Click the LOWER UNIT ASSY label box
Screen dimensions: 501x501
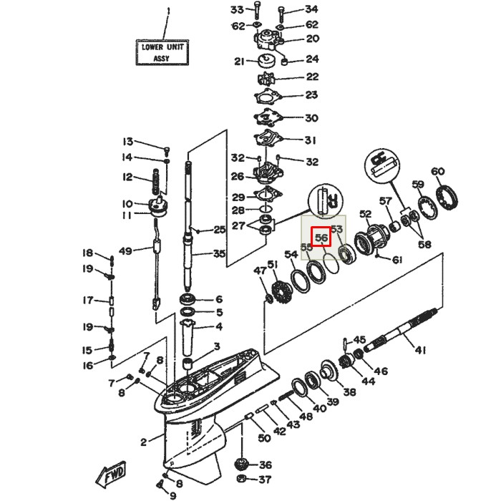(x=162, y=52)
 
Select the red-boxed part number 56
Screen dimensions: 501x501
(x=321, y=238)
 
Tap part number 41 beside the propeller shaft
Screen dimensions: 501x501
(x=420, y=350)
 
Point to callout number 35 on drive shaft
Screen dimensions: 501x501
(x=219, y=253)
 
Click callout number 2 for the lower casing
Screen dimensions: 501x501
(x=143, y=441)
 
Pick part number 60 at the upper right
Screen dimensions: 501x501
(x=438, y=172)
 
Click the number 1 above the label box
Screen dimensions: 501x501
(x=169, y=11)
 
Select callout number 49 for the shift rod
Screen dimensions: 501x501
(x=126, y=250)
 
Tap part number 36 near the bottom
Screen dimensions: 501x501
(x=265, y=464)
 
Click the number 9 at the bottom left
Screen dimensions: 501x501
(x=172, y=495)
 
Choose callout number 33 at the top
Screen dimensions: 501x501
(x=238, y=9)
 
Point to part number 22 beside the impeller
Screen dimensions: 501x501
(x=312, y=77)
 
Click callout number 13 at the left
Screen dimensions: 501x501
(x=127, y=141)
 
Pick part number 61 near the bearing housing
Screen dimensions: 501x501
(x=397, y=259)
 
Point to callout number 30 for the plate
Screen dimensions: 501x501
(x=311, y=118)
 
